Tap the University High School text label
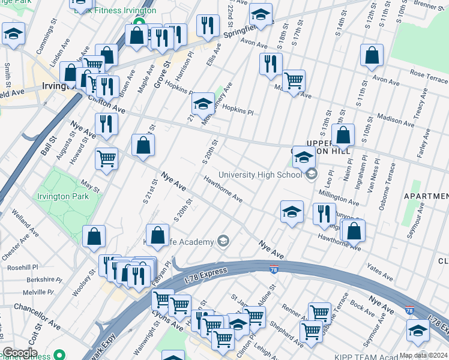259,175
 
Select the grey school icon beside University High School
311,175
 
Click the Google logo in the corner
20,353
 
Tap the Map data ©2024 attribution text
423,355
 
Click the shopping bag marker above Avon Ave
372,56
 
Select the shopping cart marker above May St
106,159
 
